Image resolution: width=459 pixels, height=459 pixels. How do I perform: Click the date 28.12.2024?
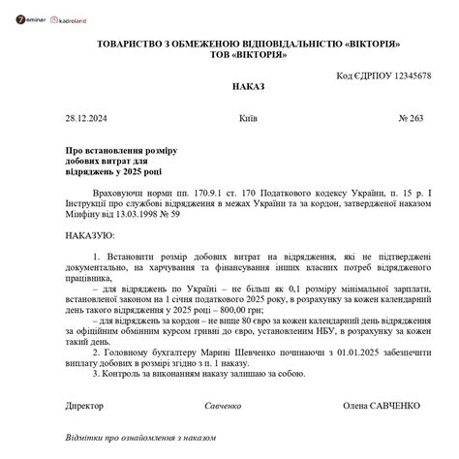coord(86,118)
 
